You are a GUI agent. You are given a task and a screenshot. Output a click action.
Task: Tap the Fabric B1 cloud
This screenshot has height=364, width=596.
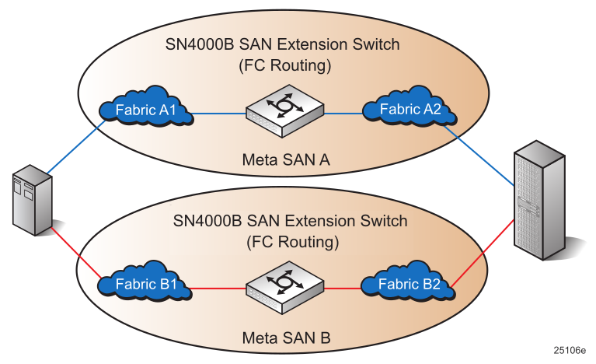147,285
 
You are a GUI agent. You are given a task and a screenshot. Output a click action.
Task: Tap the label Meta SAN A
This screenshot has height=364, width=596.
286,159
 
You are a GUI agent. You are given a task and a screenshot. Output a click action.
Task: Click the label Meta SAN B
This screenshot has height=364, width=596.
286,338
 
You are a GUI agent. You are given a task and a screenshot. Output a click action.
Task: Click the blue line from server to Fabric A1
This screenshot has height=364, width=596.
76,148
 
